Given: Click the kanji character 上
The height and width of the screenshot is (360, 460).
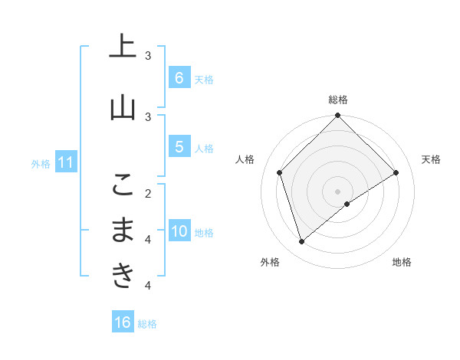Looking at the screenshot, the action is [121, 47].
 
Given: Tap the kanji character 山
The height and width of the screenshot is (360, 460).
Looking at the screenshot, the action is [121, 108].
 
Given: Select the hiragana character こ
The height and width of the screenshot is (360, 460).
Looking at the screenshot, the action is [121, 184].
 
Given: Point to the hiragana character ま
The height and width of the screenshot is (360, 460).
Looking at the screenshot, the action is [121, 230].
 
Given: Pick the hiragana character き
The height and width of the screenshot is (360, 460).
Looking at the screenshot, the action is [121, 276].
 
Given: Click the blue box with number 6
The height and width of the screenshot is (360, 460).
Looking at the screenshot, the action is [179, 77].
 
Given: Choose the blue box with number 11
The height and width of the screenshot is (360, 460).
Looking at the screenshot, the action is [65, 162].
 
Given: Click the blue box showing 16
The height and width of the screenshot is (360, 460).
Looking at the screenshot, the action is [123, 322].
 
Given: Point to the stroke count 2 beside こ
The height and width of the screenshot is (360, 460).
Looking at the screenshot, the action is [148, 193].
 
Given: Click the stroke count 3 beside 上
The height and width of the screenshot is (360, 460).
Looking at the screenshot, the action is [148, 56].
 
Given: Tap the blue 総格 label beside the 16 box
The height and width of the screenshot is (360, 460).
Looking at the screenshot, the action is [147, 324].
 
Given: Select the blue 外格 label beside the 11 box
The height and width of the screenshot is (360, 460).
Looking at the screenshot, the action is [40, 163].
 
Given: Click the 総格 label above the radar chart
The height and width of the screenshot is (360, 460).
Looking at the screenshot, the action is [337, 100].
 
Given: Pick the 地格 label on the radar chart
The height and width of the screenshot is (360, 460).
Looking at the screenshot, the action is [402, 263].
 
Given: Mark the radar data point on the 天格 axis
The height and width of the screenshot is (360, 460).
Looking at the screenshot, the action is [396, 172].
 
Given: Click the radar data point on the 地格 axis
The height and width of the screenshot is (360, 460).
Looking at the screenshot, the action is [347, 204].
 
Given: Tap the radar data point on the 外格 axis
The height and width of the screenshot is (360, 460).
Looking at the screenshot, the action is [301, 242].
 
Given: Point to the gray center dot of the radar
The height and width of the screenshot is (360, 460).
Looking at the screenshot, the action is [337, 191].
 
